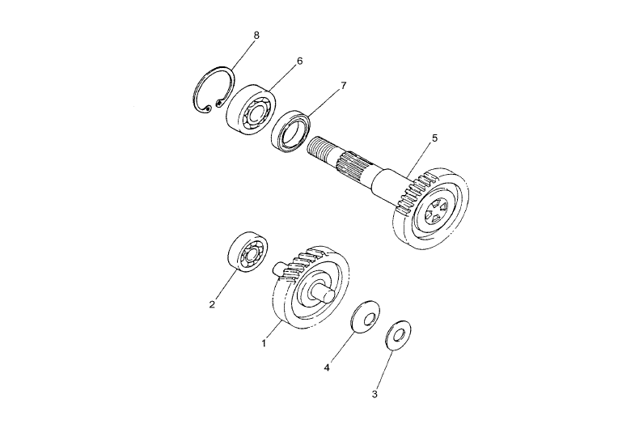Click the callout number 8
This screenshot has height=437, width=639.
point(256,35)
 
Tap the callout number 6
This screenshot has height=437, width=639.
point(300,62)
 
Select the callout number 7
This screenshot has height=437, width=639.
point(343,86)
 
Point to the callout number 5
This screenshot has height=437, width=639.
point(434,138)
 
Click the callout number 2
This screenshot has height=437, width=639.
point(212,304)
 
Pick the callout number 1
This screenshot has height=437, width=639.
point(264,343)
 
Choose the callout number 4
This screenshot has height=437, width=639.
point(327,367)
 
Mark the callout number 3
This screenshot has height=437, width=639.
point(375,394)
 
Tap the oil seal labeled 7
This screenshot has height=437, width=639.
point(291,130)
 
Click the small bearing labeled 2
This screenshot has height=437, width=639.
point(248,251)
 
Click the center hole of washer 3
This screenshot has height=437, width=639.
point(399,335)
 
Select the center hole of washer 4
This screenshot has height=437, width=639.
point(369,318)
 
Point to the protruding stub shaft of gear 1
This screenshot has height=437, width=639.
point(324,294)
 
